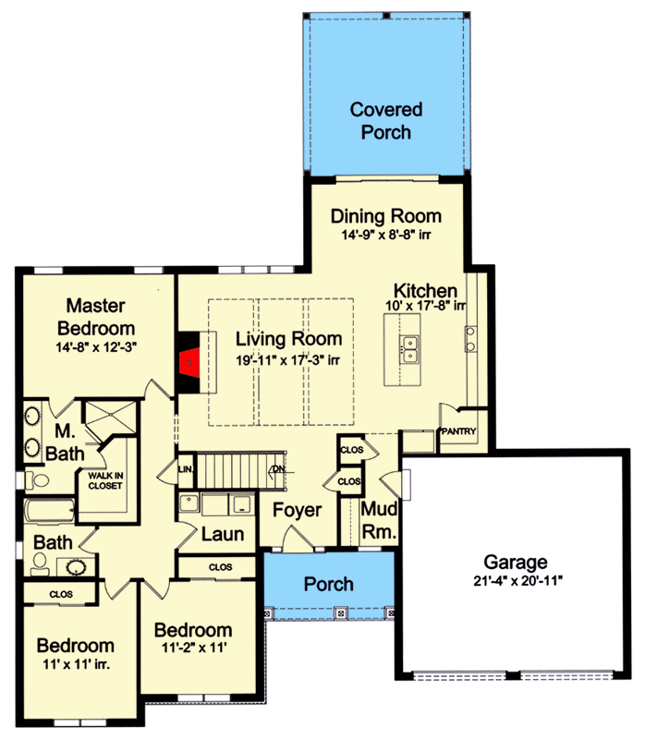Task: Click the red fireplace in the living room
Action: pyautogui.click(x=189, y=362)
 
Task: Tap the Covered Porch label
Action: pyautogui.click(x=386, y=121)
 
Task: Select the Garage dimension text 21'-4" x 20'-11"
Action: pyautogui.click(x=518, y=581)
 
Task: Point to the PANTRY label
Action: pyautogui.click(x=458, y=430)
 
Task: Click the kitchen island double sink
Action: pyautogui.click(x=409, y=350)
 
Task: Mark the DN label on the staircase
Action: pyautogui.click(x=279, y=469)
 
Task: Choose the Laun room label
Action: pyautogui.click(x=223, y=534)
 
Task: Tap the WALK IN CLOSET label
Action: pyautogui.click(x=105, y=480)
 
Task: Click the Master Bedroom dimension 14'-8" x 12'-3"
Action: pyautogui.click(x=96, y=347)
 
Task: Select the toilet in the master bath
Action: pyautogui.click(x=37, y=480)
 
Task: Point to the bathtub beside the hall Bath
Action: pyautogui.click(x=50, y=511)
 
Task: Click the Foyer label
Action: pyautogui.click(x=297, y=511)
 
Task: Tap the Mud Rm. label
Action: pyautogui.click(x=379, y=520)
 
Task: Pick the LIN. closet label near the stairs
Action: pyautogui.click(x=186, y=469)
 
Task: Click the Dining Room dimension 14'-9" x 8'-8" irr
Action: pyautogui.click(x=386, y=235)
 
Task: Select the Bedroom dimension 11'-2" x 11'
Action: pyautogui.click(x=194, y=648)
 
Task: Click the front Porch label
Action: pyautogui.click(x=329, y=584)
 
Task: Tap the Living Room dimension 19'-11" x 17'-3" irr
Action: pyautogui.click(x=287, y=360)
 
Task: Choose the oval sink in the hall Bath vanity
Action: pyautogui.click(x=76, y=567)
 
